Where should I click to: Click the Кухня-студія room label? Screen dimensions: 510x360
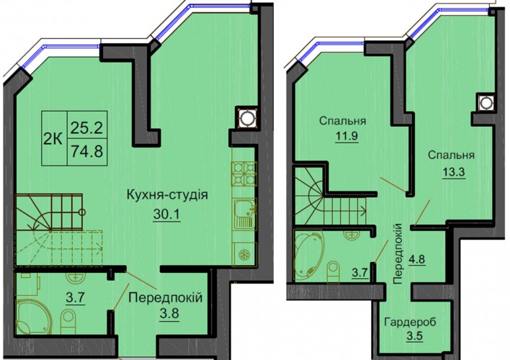pyautogui.click(x=167, y=195)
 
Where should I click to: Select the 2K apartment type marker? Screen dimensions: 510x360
pyautogui.click(x=54, y=139)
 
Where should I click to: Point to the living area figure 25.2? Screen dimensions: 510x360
pyautogui.click(x=87, y=128)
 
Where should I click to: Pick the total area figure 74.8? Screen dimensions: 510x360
pyautogui.click(x=87, y=151)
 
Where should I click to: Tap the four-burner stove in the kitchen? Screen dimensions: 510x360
pyautogui.click(x=244, y=174)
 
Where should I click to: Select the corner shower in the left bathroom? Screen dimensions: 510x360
pyautogui.click(x=32, y=317)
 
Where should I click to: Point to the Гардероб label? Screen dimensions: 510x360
pyautogui.click(x=410, y=322)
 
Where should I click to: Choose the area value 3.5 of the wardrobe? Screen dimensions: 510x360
pyautogui.click(x=415, y=336)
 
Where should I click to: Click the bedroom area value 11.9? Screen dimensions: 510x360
pyautogui.click(x=346, y=135)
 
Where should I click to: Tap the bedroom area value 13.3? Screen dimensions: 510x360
pyautogui.click(x=453, y=171)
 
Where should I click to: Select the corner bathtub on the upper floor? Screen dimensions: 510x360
pyautogui.click(x=308, y=255)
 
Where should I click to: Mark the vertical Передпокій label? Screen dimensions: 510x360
pyautogui.click(x=398, y=254)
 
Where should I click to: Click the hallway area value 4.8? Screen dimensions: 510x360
pyautogui.click(x=417, y=260)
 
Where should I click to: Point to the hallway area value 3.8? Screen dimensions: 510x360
pyautogui.click(x=169, y=315)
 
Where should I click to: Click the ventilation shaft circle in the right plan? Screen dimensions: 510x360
pyautogui.click(x=486, y=103)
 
